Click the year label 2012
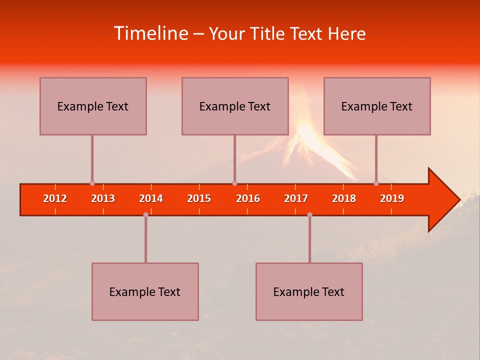tap(55, 198)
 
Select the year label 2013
tap(103, 198)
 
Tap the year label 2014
tap(151, 198)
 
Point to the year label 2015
tap(199, 198)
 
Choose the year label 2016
tap(248, 198)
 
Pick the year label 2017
tap(296, 198)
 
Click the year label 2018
tap(344, 198)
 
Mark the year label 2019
tap(392, 198)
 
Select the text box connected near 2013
tap(93, 106)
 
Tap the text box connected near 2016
tap(235, 106)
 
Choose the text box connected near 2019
tap(377, 106)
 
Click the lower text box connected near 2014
tap(145, 291)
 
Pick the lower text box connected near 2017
tap(309, 291)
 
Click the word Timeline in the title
tap(150, 33)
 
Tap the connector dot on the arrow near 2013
tap(92, 183)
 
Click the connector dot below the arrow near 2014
tap(145, 214)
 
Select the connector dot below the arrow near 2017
tap(309, 214)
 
